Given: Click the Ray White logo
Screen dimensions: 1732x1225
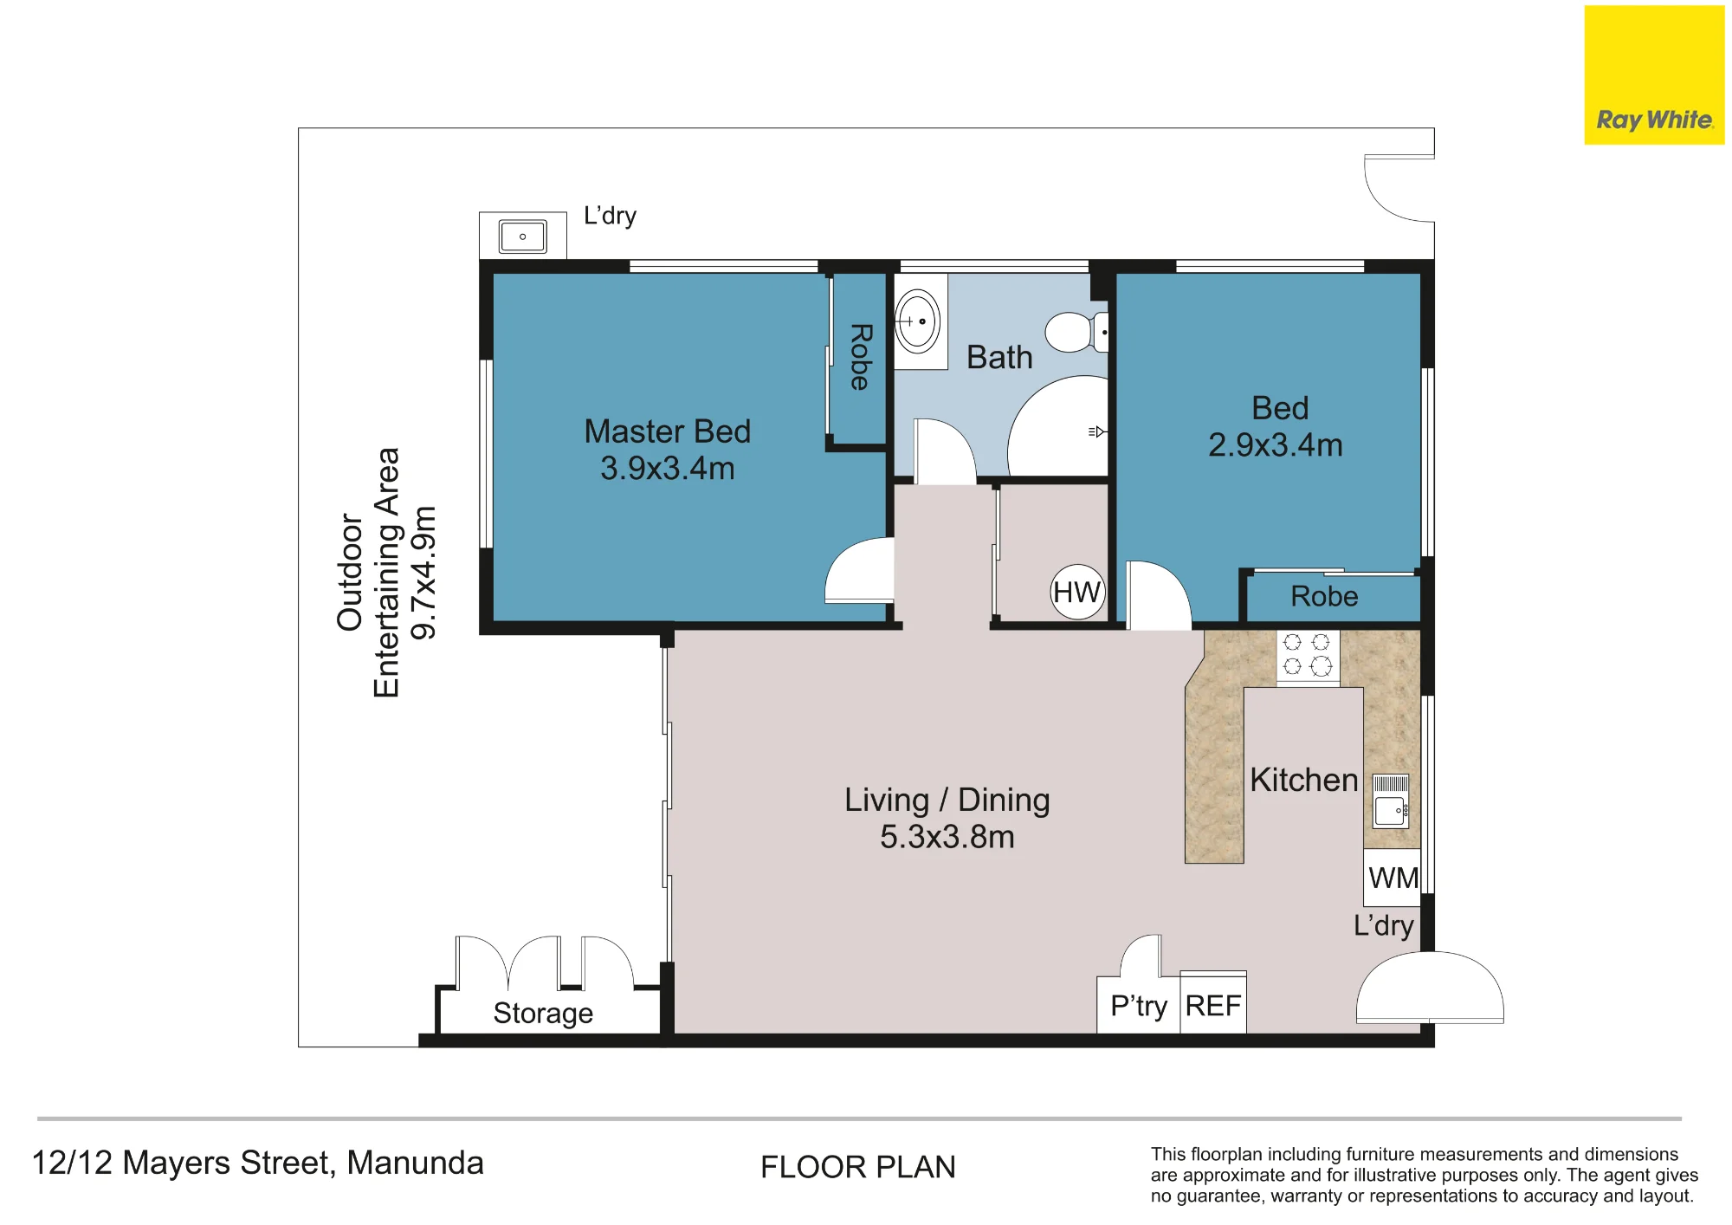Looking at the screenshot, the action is point(1654,75).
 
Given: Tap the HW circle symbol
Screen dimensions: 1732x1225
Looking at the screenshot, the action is point(1077,592).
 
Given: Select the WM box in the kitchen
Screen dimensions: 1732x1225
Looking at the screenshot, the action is point(1393,878).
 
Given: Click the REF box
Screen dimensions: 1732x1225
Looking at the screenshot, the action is point(1212,1003).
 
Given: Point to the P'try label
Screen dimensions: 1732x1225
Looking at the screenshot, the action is point(1139,1006).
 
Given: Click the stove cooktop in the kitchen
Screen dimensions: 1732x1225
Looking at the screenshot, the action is point(1308,657).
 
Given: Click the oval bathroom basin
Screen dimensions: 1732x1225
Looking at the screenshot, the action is point(917,321).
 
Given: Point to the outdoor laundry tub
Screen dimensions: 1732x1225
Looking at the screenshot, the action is point(522,236).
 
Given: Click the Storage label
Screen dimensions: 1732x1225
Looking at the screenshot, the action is point(543,1013).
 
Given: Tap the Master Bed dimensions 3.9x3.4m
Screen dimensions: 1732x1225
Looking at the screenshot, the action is point(667,468).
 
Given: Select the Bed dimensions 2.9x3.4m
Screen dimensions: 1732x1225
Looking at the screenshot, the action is point(1275,444).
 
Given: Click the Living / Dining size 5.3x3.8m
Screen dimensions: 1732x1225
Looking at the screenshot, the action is point(947,837).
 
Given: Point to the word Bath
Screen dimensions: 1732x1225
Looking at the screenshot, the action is point(999,357).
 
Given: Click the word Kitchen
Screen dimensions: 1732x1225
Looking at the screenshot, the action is point(1303,780).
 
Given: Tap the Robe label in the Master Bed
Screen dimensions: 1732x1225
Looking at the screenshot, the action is point(860,357).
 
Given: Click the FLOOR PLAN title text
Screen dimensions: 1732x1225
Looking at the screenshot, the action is point(857,1167).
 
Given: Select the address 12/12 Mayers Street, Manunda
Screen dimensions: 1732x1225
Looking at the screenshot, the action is point(257,1163).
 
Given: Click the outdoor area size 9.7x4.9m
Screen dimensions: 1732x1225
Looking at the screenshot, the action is point(423,573).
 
